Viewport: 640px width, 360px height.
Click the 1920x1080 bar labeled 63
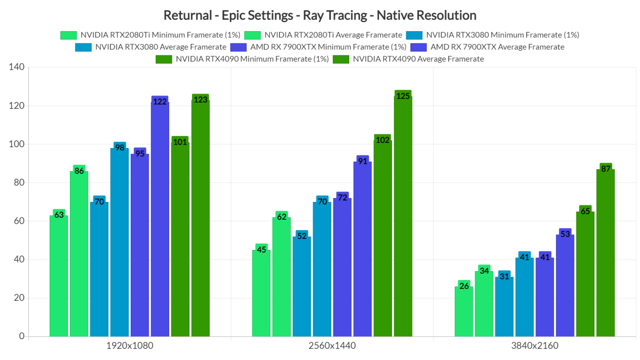[x=59, y=275]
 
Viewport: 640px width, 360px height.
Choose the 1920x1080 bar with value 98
[x=120, y=242]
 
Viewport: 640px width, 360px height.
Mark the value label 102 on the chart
[x=382, y=140]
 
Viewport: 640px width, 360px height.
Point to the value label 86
[x=79, y=171]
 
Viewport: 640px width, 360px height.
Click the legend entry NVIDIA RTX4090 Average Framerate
[x=418, y=59]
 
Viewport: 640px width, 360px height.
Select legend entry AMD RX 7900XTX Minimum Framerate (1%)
[x=328, y=47]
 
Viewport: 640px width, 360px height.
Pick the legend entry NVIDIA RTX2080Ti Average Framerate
[x=333, y=35]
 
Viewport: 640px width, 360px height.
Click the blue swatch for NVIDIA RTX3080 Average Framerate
[x=83, y=47]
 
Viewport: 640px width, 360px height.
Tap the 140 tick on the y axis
[x=17, y=67]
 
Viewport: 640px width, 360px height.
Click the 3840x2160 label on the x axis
[x=535, y=345]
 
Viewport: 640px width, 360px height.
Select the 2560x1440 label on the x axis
[x=332, y=345]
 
